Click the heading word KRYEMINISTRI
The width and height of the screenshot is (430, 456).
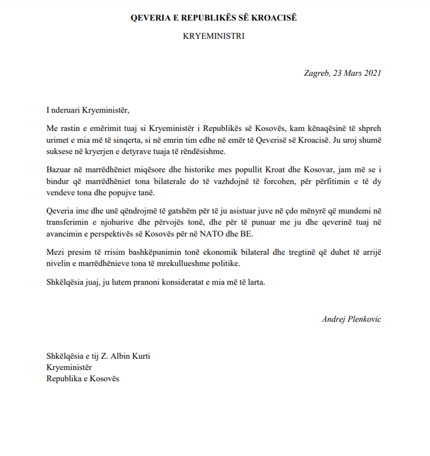(x=214, y=36)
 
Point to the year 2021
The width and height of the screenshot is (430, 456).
(x=372, y=73)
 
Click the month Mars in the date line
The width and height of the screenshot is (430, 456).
(x=352, y=73)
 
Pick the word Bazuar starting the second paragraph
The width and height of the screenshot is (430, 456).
(x=58, y=169)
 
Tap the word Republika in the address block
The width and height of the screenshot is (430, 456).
(x=64, y=379)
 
